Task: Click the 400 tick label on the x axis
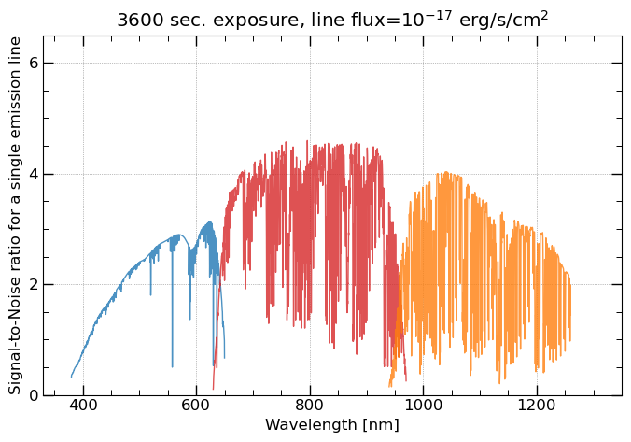[x=83, y=408]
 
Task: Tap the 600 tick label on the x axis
[x=196, y=408]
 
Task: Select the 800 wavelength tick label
[x=310, y=408]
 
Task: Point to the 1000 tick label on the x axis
[x=423, y=408]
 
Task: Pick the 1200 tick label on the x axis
[x=536, y=408]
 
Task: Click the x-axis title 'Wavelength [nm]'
[x=332, y=425]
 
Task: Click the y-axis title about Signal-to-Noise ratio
[x=15, y=216]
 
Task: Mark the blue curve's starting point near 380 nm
[x=71, y=378]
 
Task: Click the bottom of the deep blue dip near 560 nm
[x=172, y=366]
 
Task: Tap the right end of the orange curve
[x=569, y=340]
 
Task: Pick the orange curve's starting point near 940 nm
[x=389, y=387]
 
